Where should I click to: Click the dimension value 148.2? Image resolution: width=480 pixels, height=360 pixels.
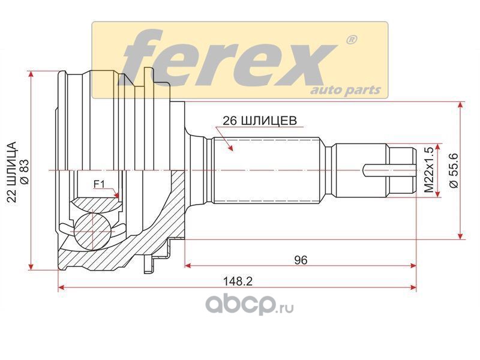(x=238, y=281)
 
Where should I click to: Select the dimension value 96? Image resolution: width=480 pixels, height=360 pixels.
(x=301, y=260)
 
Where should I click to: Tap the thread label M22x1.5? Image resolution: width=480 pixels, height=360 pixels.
(x=429, y=170)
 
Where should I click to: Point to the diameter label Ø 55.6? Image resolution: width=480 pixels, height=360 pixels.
(x=454, y=170)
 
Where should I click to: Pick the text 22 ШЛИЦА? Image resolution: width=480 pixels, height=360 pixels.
(x=11, y=172)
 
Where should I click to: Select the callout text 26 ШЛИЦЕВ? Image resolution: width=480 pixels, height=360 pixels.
(x=260, y=121)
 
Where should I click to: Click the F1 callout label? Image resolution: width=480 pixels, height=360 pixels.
(x=99, y=184)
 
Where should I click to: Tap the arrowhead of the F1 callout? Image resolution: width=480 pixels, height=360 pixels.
(x=116, y=194)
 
